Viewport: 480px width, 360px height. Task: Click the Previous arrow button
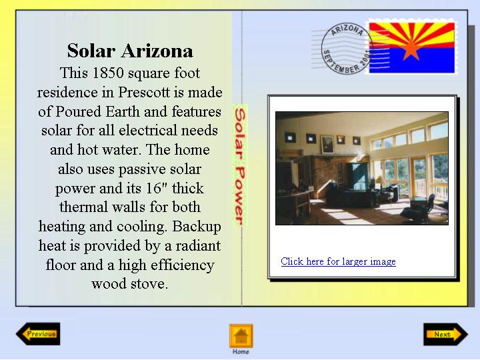(x=38, y=334)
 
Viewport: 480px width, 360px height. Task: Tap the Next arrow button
(x=446, y=334)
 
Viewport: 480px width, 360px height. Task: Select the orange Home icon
(x=241, y=336)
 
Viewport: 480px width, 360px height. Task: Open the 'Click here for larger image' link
(x=338, y=261)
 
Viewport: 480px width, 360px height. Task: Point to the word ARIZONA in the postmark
(x=347, y=30)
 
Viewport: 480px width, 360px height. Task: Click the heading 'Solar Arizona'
(x=130, y=51)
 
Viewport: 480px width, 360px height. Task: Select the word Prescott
(x=144, y=92)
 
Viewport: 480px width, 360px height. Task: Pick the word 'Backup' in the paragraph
(x=197, y=227)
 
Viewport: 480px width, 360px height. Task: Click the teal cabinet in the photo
(x=357, y=176)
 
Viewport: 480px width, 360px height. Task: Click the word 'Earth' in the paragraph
(x=123, y=111)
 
